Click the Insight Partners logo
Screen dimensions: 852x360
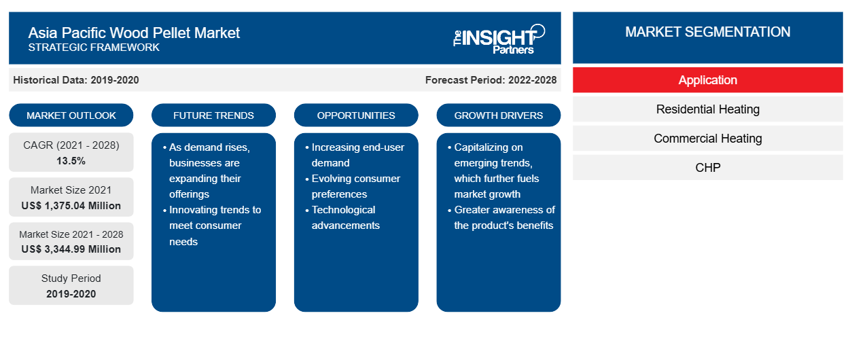[x=499, y=39]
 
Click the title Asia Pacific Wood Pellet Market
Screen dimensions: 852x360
[x=134, y=33]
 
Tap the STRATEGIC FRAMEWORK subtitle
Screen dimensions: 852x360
[x=94, y=48]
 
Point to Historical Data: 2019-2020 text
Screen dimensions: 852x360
[x=76, y=80]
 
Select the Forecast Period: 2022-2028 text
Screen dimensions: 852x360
[x=491, y=80]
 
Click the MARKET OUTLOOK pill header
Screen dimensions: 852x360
[x=71, y=115]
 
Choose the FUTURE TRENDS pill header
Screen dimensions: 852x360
[x=213, y=115]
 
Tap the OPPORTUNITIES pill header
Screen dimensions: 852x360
[x=356, y=115]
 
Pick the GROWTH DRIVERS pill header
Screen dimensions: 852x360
[x=499, y=115]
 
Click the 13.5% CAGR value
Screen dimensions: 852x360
[x=71, y=161]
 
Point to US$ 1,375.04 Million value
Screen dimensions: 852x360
[x=71, y=206]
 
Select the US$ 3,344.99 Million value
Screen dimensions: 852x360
[x=71, y=249]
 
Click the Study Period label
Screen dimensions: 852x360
[x=71, y=278]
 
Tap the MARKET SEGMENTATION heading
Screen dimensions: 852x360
[x=708, y=32]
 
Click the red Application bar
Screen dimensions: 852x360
[x=708, y=80]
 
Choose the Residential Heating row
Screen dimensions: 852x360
[x=708, y=109]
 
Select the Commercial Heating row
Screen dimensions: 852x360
[x=708, y=139]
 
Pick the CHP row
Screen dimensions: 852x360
[x=708, y=167]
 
